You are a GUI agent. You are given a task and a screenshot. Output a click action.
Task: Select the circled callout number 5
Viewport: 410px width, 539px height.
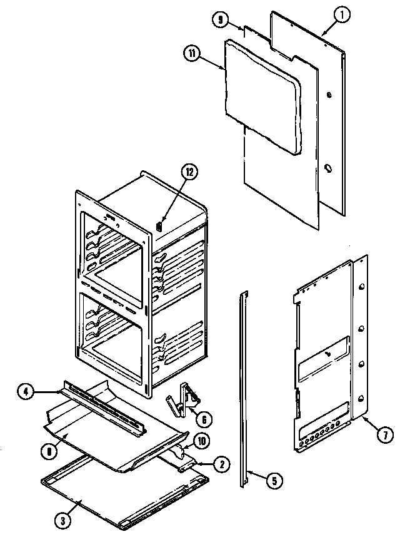272,480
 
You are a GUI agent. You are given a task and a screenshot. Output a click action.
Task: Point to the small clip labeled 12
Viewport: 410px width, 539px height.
159,223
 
